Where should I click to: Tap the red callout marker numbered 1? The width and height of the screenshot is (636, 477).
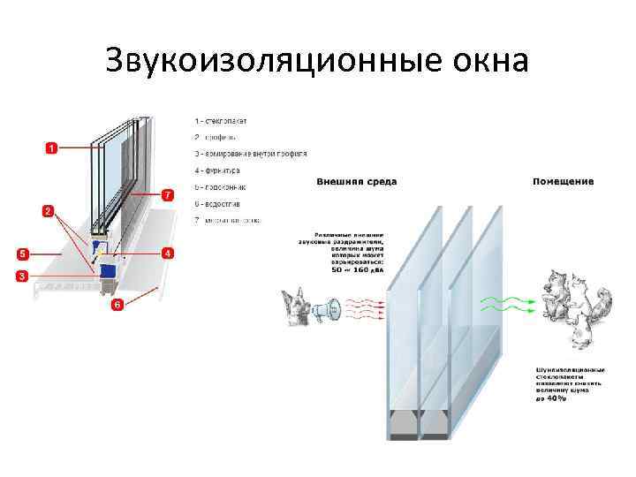(x=51, y=148)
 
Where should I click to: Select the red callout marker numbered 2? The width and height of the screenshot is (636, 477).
(x=48, y=212)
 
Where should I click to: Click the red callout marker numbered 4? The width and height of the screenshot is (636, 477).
(x=167, y=254)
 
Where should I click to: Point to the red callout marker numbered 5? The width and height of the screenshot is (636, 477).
(x=167, y=193)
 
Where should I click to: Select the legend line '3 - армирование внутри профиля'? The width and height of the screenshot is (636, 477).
(x=251, y=154)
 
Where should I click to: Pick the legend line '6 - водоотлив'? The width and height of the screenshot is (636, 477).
(x=220, y=204)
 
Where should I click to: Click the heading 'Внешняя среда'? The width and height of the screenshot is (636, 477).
(x=357, y=182)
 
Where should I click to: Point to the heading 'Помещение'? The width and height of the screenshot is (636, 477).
(x=563, y=182)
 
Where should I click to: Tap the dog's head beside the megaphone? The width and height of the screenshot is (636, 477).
(x=295, y=305)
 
